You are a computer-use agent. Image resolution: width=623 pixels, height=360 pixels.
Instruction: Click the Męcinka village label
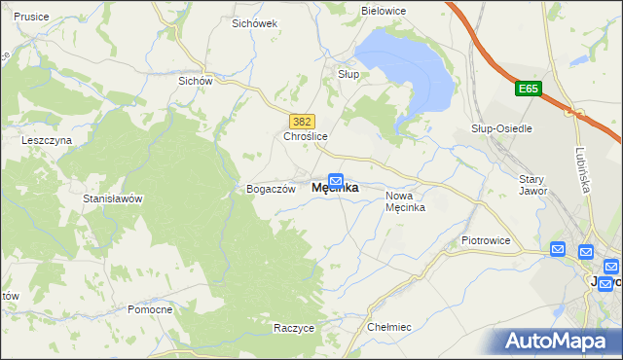[334, 189]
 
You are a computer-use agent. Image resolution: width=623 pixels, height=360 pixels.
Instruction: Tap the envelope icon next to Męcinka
[336, 179]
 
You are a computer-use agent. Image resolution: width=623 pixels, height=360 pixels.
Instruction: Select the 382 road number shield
[301, 121]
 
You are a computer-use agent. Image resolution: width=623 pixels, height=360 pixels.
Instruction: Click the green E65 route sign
[527, 89]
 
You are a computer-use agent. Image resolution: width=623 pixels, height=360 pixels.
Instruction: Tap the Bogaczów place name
[271, 189]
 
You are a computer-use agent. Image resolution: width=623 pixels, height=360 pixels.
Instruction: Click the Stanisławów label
[113, 198]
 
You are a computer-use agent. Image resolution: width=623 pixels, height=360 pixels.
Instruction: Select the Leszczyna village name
[47, 140]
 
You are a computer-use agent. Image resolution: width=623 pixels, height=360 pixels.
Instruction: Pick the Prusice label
[32, 18]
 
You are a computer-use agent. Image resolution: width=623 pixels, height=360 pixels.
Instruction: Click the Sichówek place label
[255, 22]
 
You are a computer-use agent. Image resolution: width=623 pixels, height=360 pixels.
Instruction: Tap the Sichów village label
[195, 81]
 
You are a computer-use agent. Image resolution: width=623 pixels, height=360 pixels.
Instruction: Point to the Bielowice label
[383, 10]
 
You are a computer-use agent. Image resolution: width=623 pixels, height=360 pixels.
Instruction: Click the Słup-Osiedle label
[500, 128]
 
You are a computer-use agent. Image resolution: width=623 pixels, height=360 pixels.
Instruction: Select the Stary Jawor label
[533, 185]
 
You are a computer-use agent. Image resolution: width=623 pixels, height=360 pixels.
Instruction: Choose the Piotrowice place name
[486, 239]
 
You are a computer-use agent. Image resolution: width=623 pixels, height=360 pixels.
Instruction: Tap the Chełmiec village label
[391, 328]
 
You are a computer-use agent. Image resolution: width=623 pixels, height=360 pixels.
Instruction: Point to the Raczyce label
[294, 328]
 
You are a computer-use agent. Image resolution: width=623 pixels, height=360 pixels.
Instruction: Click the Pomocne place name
[150, 309]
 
